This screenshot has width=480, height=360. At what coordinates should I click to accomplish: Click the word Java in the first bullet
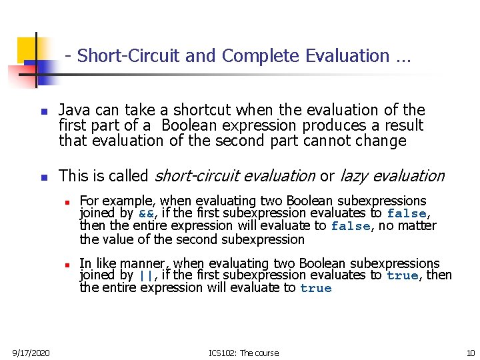point(73,110)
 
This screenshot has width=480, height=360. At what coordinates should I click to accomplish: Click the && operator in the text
point(145,214)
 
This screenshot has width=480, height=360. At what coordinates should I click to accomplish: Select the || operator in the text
point(145,276)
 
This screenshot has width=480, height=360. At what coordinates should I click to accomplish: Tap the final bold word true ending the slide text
point(315,289)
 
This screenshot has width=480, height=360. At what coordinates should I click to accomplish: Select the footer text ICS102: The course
point(244,353)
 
